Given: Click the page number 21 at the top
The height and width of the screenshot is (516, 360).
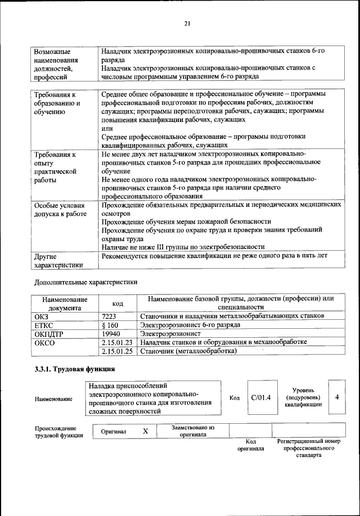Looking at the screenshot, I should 187,23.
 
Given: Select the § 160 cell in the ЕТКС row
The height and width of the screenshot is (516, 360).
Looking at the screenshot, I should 110,325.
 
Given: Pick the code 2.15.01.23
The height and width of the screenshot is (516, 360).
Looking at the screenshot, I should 118,342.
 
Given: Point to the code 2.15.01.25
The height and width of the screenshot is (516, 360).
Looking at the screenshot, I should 118,351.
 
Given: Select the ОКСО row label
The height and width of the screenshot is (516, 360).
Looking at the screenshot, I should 44,342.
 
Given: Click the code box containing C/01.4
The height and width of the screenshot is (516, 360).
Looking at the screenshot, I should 261,397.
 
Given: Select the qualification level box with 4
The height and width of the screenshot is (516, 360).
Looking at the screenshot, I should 336,397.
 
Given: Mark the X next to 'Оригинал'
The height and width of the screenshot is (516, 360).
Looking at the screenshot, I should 145,431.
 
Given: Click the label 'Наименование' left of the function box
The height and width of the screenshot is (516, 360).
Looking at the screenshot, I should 53,399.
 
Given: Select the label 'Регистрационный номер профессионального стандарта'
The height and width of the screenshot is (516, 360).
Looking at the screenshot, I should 309,448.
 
